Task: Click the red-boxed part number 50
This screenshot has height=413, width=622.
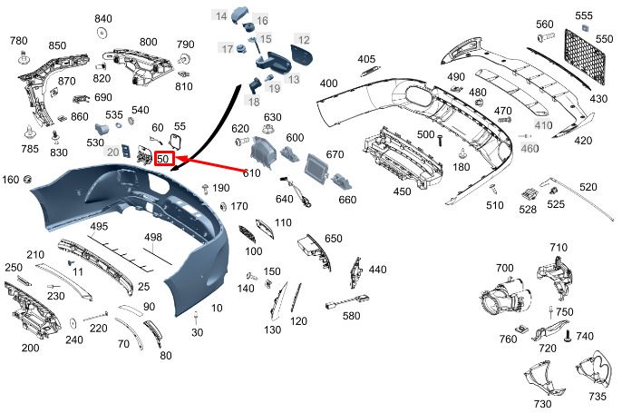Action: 164,159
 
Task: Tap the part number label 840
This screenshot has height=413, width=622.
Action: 103,19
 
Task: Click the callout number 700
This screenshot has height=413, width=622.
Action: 504,268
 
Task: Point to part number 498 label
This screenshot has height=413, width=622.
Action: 152,237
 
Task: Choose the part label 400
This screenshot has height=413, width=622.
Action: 328,84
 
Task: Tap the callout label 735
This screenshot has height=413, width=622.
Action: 597,397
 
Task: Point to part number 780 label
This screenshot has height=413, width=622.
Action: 18,41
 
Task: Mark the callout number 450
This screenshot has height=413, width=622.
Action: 402,192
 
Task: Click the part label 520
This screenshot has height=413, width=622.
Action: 588,187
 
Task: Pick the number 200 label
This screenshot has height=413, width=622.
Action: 31,348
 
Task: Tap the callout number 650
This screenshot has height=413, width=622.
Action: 333,238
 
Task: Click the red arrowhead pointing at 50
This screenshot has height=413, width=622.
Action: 180,159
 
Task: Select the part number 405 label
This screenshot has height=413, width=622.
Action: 366,60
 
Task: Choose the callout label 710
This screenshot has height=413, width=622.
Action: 558,247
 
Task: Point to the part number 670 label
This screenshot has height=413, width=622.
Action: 335,154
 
